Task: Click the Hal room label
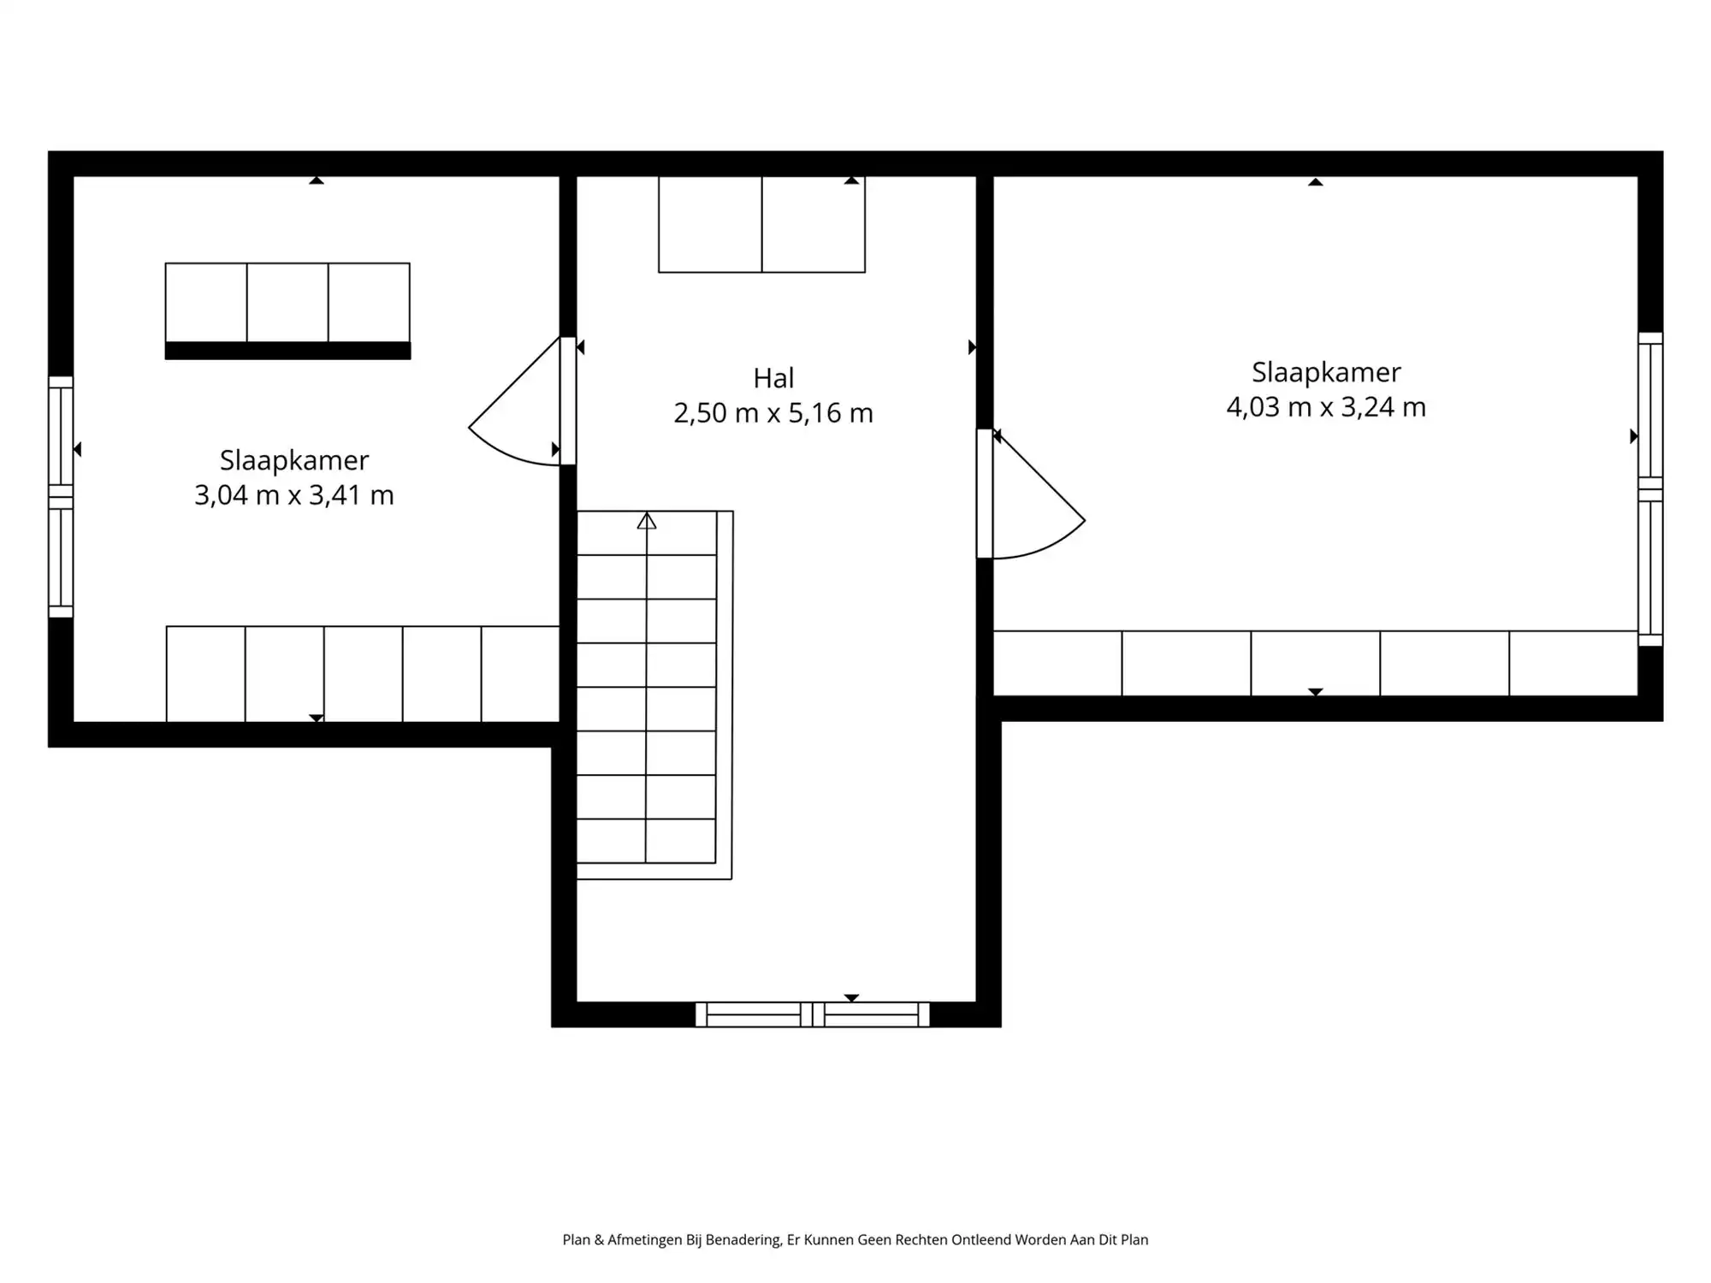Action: click(x=773, y=378)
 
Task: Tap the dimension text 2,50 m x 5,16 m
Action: click(x=773, y=413)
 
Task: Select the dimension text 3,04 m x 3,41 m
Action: click(x=293, y=495)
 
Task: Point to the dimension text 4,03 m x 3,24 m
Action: click(x=1326, y=407)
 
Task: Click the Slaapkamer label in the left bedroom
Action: click(x=293, y=460)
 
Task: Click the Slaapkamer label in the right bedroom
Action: click(x=1326, y=372)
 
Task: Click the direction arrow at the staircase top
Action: click(x=647, y=521)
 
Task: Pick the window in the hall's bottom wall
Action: click(x=812, y=1014)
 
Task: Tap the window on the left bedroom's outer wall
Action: click(x=61, y=496)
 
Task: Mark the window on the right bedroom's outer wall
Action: click(x=1650, y=488)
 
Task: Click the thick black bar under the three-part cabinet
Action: click(x=287, y=351)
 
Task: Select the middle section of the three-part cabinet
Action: click(x=287, y=302)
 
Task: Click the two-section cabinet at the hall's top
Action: click(x=761, y=224)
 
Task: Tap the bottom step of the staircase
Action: click(x=646, y=842)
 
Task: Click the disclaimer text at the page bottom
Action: click(x=855, y=1239)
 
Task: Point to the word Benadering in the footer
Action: click(x=732, y=1239)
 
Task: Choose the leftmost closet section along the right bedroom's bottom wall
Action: click(x=1057, y=663)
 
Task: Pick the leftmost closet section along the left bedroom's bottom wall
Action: click(x=205, y=674)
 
